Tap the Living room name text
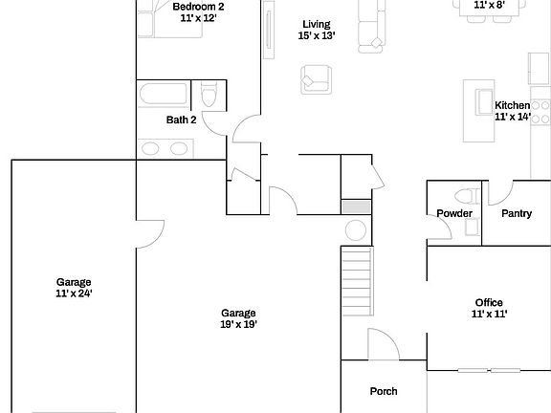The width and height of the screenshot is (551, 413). pos(316,24)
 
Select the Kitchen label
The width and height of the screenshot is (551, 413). pos(512,105)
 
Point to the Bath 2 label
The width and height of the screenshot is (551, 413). pos(181,120)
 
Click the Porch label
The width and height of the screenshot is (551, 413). pos(384,391)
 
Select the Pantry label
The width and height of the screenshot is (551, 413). pos(517,213)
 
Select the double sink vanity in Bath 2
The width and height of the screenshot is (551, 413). pos(165,148)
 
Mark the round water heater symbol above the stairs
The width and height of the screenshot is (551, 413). pos(356,230)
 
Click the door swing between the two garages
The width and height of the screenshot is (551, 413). pos(148,234)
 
